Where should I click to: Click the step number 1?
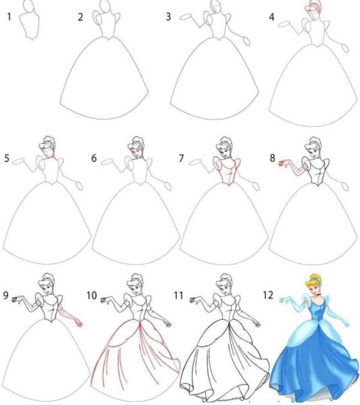[9, 16]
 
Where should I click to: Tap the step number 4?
[272, 17]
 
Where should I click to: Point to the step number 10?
[93, 295]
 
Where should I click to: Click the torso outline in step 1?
[29, 27]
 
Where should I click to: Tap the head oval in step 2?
[105, 8]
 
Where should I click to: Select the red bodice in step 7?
[225, 173]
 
